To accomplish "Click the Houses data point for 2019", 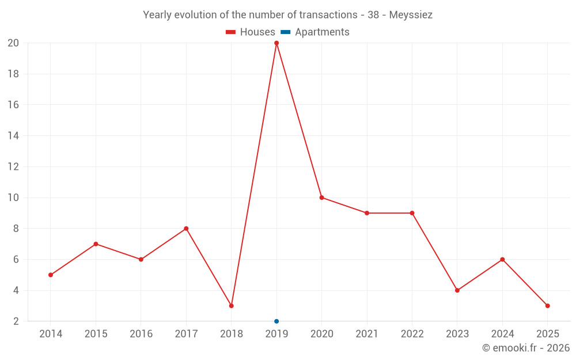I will coord(276,43).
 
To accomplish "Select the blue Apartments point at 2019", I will coord(276,321).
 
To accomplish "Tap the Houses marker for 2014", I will coord(51,275).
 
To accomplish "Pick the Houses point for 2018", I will coord(232,306).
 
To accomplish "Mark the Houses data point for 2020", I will coord(322,198).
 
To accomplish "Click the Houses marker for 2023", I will coord(457,290).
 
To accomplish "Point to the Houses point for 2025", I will coord(547,306).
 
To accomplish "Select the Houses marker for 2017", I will coord(186,229).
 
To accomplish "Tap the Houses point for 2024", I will coord(502,259).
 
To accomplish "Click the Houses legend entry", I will coord(251,32).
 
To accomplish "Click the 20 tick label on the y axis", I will coord(13,43).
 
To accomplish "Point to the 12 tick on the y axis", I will coord(13,167).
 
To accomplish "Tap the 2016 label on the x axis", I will coord(141,334).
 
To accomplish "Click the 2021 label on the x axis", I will coord(367,334).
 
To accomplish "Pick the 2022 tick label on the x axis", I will coord(412,334).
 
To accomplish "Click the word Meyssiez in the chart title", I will coord(411,15).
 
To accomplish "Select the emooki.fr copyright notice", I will coord(526,348).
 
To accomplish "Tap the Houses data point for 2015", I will coord(96,244).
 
